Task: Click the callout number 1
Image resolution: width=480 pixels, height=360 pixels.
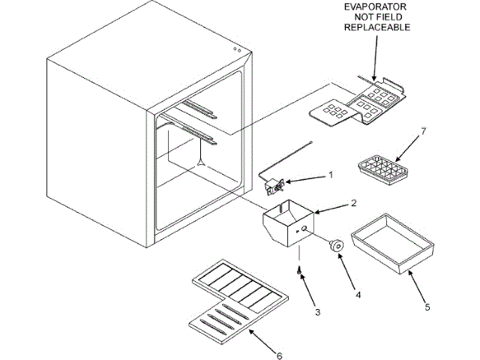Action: point(329,176)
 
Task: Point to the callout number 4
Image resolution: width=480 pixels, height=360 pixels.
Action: point(358,294)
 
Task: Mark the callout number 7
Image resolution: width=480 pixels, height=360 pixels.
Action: point(422,133)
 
